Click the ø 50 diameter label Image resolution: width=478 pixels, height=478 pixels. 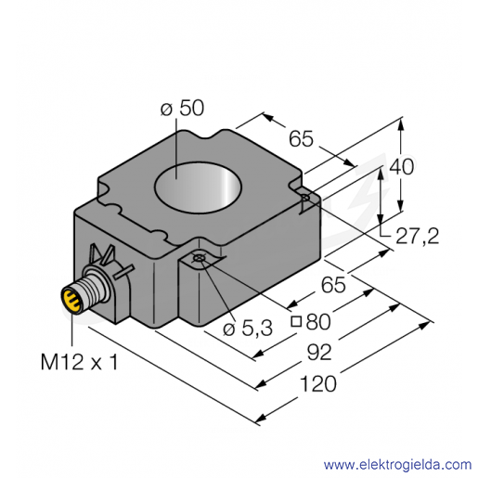pos(183,109)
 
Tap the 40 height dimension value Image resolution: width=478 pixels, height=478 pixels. pos(401,167)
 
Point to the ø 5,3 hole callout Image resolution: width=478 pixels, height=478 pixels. pos(248,329)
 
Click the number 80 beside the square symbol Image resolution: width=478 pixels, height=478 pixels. pos(318,322)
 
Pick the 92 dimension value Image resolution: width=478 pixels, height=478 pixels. pos(319,353)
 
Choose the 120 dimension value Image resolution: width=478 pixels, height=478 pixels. pos(318,384)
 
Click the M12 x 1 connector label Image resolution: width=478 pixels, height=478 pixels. pos(79,362)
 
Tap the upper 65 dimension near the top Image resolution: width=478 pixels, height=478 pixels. pos(301,138)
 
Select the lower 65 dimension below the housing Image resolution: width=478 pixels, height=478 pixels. pos(333,285)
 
